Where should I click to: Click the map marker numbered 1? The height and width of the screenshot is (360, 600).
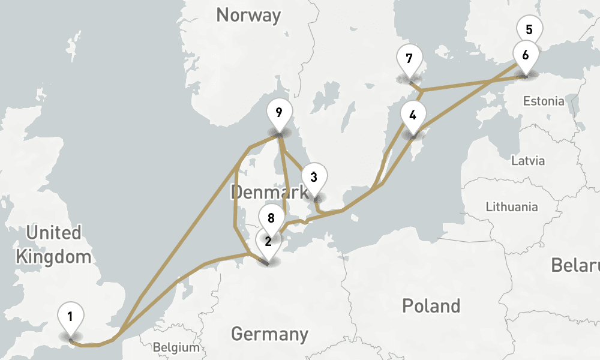(x=71, y=316)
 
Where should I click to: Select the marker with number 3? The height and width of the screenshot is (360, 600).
(x=314, y=178)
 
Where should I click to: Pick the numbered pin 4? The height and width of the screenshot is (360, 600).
(x=413, y=115)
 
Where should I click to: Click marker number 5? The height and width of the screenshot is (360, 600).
(x=529, y=29)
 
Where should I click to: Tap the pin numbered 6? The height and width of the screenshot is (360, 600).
(x=526, y=55)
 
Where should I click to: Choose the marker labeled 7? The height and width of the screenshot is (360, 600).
(x=409, y=59)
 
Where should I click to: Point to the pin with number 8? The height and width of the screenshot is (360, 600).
(x=271, y=218)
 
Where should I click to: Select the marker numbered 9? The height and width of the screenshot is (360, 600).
(x=278, y=112)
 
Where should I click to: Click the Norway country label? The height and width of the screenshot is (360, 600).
(x=248, y=15)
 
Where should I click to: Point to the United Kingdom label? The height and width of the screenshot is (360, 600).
(x=53, y=245)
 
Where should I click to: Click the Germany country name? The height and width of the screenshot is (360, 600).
(x=269, y=334)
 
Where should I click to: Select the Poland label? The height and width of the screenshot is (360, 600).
(x=431, y=305)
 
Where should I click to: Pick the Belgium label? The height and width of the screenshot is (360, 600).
(x=176, y=347)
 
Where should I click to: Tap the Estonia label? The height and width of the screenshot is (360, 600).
(x=544, y=101)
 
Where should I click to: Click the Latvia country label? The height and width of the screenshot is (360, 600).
(x=528, y=161)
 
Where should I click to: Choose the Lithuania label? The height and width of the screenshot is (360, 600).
(x=512, y=207)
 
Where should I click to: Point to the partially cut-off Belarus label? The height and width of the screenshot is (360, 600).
(x=575, y=265)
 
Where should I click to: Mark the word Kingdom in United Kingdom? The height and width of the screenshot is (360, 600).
(x=53, y=257)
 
